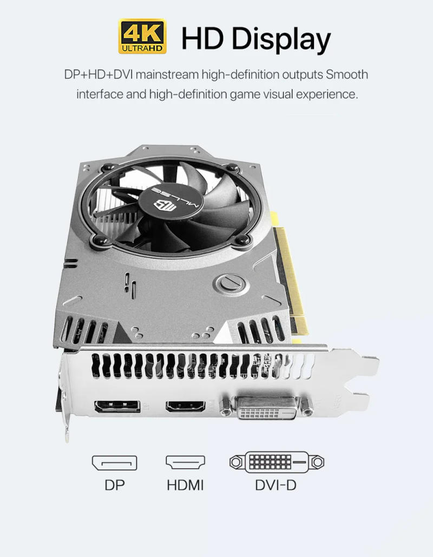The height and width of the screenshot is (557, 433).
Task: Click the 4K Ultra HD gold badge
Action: pyautogui.click(x=142, y=37)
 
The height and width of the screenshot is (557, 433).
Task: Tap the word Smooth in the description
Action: pyautogui.click(x=347, y=74)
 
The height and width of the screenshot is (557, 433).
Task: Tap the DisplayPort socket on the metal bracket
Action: pyautogui.click(x=117, y=407)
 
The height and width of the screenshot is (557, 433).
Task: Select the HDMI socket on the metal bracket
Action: pyautogui.click(x=185, y=406)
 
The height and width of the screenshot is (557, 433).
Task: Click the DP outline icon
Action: pyautogui.click(x=114, y=463)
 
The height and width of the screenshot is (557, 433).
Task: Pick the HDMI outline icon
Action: pyautogui.click(x=185, y=463)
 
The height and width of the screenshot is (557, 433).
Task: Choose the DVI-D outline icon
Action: pyautogui.click(x=277, y=462)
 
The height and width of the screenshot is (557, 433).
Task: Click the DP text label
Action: pyautogui.click(x=114, y=485)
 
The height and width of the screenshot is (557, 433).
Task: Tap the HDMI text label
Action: pyautogui.click(x=185, y=485)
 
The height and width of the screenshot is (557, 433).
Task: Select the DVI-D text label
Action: pyautogui.click(x=276, y=485)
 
